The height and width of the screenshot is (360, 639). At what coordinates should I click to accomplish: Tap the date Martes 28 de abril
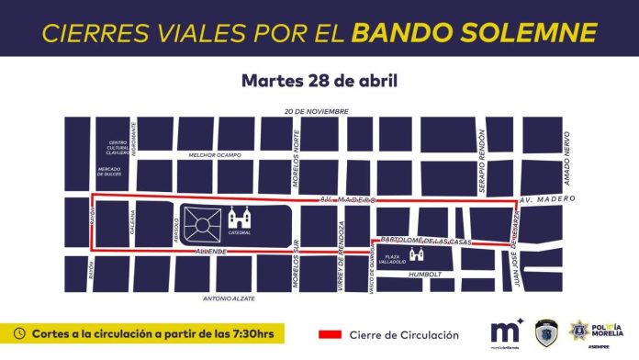click(x=319, y=80)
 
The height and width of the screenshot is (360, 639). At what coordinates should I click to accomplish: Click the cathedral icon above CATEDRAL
click(x=241, y=218)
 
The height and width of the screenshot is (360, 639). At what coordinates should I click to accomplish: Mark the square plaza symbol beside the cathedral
click(x=202, y=221)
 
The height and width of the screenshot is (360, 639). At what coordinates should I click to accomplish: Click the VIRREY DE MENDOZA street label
click(x=342, y=243)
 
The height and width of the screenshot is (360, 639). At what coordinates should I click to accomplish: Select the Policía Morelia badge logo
click(x=582, y=330)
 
